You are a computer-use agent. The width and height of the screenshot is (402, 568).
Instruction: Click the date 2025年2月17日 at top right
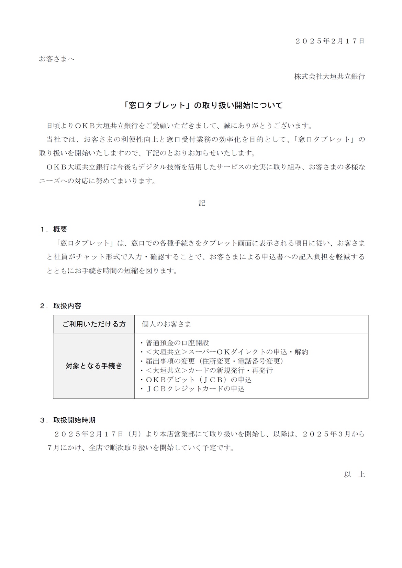pyautogui.click(x=330, y=41)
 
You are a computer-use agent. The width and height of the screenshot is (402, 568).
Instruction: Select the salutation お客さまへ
pyautogui.click(x=56, y=59)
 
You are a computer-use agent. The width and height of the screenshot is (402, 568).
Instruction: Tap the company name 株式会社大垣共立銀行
pyautogui.click(x=329, y=77)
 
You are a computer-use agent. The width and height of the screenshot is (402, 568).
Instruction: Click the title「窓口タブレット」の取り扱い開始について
pyautogui.click(x=203, y=105)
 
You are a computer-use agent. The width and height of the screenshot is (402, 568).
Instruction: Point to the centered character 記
pyautogui.click(x=202, y=203)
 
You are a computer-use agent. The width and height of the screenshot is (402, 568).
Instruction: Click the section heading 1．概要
pyautogui.click(x=54, y=229)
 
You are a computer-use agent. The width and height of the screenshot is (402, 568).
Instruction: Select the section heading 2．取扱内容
pyautogui.click(x=60, y=306)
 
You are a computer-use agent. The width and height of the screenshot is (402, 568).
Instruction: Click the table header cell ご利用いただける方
pyautogui.click(x=94, y=324)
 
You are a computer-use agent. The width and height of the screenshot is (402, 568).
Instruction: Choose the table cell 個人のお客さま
pyautogui.click(x=167, y=324)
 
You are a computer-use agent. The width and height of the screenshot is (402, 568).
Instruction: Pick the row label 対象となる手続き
pyautogui.click(x=94, y=366)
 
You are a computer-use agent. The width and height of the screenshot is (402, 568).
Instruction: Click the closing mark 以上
pyautogui.click(x=354, y=474)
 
